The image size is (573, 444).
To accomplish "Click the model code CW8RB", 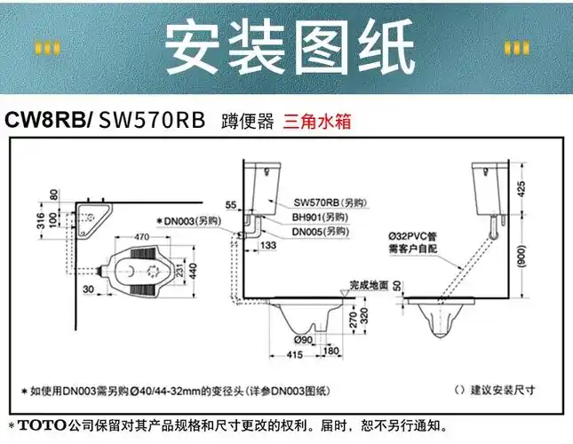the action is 46,120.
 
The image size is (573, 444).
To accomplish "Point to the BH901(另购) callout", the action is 319,216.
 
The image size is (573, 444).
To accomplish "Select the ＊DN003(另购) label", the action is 186,219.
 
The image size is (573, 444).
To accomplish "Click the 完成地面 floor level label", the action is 368,285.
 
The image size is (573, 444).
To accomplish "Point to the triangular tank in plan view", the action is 93,214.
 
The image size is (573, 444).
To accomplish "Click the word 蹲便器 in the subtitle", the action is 247,121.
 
